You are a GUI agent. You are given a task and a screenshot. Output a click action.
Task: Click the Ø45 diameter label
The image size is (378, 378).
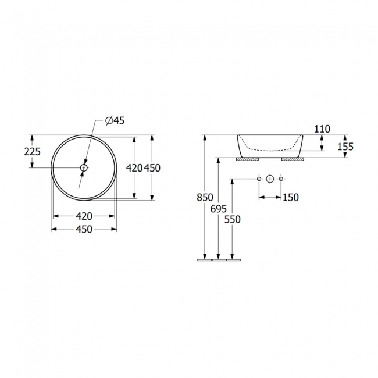pyautogui.click(x=115, y=120)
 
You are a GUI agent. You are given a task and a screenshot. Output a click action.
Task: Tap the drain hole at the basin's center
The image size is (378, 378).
pyautogui.click(x=84, y=167)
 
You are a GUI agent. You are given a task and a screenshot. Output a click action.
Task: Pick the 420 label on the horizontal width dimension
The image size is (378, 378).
pyautogui.click(x=84, y=216)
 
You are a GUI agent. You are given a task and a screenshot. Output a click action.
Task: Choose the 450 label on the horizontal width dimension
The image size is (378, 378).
pyautogui.click(x=84, y=229)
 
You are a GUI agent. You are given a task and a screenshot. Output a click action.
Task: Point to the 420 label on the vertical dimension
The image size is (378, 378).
pyautogui.click(x=134, y=167)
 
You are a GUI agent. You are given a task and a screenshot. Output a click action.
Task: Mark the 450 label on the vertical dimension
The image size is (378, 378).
pyautogui.click(x=152, y=167)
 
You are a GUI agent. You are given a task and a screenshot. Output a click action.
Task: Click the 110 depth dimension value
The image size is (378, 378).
pyautogui.click(x=322, y=129)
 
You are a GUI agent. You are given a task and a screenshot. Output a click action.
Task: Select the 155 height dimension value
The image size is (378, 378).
pyautogui.click(x=345, y=147)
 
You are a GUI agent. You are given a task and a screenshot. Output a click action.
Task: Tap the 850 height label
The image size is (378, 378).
pyautogui.click(x=205, y=197)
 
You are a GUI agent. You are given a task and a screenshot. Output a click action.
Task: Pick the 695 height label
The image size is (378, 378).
pyautogui.click(x=219, y=209)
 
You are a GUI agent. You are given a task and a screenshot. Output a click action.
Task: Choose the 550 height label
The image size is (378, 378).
pyautogui.click(x=233, y=219)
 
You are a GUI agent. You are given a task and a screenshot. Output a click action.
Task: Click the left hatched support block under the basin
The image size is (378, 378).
pyautogui.click(x=247, y=158)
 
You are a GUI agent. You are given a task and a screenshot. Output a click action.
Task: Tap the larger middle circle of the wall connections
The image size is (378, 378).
pyautogui.click(x=270, y=179)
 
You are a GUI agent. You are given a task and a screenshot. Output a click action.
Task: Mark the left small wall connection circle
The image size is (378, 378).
pyautogui.click(x=259, y=179)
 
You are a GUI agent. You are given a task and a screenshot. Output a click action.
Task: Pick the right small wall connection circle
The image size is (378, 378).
pyautogui.click(x=281, y=179)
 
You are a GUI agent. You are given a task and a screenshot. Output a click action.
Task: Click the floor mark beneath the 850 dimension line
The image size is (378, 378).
pyautogui.click(x=205, y=260)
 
